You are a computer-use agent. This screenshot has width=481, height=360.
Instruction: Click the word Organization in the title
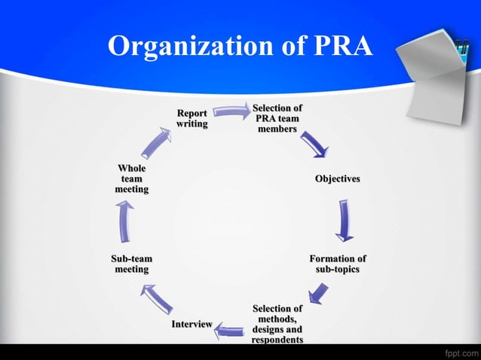point(190,46)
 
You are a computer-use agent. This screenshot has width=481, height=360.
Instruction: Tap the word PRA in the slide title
point(344,45)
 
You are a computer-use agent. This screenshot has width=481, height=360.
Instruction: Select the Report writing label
point(192,118)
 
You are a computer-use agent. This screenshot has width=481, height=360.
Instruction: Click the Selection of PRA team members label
point(277,118)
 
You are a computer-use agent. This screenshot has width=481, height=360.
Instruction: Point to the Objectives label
point(338,178)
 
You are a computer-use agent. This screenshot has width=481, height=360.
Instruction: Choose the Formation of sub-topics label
point(338,264)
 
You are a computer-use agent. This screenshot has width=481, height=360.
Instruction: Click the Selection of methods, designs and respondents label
point(277,324)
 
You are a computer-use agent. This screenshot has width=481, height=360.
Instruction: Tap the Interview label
point(192,324)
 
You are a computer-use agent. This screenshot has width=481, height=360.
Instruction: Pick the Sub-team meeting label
point(132,264)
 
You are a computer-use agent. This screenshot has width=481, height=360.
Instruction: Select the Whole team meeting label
point(132,178)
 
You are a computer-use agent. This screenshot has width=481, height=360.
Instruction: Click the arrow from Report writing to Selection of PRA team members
point(232,111)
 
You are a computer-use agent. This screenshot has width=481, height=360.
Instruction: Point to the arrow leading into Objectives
point(314,145)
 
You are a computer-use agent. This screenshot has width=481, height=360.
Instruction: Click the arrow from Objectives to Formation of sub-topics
point(345,221)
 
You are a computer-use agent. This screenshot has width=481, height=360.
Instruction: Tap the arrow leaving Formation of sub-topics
point(318,294)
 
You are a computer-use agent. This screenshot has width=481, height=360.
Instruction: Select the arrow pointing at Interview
point(229,331)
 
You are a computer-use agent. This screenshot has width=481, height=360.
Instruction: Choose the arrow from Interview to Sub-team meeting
point(157,299)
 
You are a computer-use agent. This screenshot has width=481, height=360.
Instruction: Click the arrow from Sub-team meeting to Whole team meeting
point(124,221)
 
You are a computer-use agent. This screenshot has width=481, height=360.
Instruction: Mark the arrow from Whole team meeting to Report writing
point(156,143)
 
